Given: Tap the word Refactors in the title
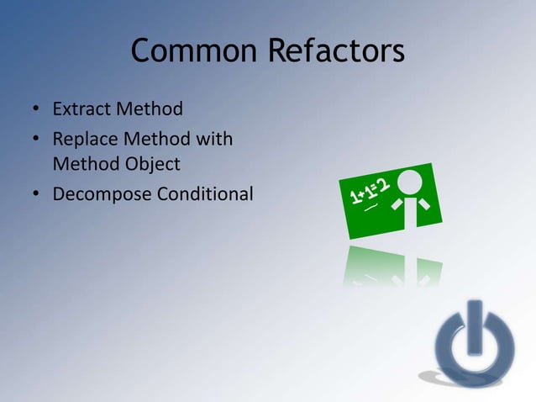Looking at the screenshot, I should [336, 52].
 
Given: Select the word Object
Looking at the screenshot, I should [154, 165].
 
